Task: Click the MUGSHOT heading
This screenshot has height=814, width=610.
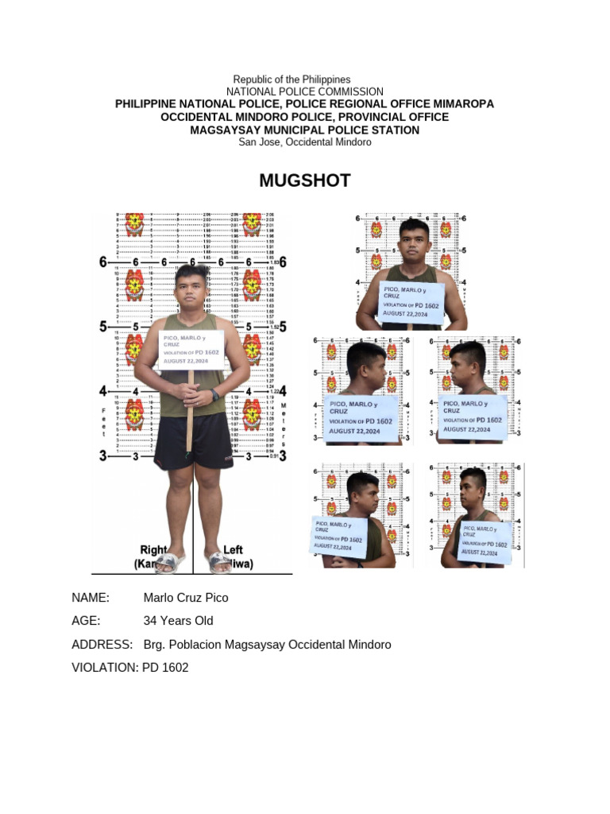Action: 304,180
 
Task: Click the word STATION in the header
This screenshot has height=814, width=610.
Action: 395,130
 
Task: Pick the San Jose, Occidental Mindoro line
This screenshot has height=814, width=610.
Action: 305,141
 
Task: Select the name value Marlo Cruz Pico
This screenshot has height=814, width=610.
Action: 185,598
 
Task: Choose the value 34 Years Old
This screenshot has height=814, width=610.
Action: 178,621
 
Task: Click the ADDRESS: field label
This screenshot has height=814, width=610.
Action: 102,644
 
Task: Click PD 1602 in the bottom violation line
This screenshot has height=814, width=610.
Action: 165,668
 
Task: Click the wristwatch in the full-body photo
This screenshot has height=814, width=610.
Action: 215,394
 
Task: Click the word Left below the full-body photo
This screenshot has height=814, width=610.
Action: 234,549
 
